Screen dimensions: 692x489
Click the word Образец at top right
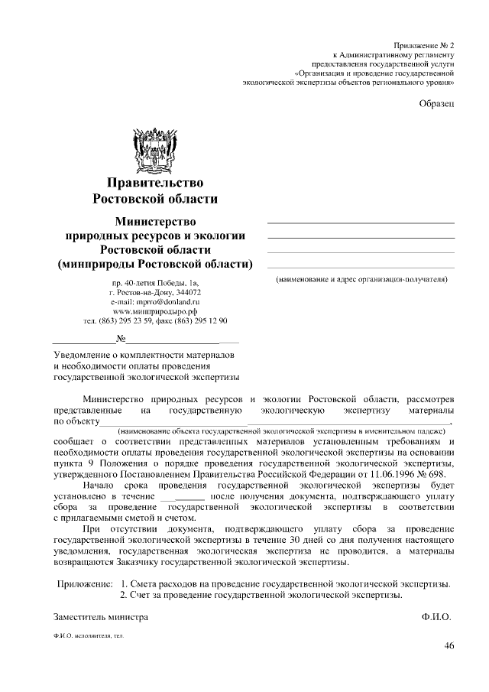click(x=437, y=104)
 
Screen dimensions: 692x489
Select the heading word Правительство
click(x=155, y=182)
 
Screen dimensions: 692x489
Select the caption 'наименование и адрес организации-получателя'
click(x=361, y=280)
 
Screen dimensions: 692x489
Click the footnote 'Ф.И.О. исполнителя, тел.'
click(x=89, y=635)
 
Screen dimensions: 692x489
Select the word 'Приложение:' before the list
click(x=86, y=584)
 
